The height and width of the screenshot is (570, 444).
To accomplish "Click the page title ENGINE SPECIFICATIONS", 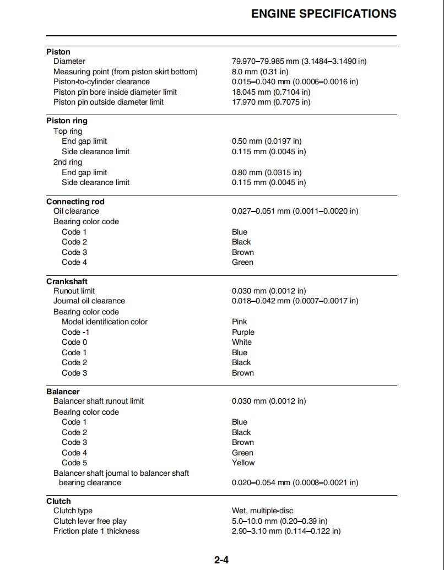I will [x=323, y=14].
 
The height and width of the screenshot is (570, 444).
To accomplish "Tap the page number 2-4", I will [x=221, y=560].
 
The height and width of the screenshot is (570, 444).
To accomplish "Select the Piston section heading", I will [x=58, y=52].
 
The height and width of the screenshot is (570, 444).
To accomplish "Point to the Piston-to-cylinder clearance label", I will [x=101, y=82].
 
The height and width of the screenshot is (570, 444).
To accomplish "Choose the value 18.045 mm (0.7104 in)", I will [x=271, y=92].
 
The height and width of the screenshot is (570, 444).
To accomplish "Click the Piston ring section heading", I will [x=67, y=121].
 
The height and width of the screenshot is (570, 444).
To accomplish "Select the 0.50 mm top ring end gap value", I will [x=267, y=142].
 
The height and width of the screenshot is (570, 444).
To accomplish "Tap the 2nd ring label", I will [x=68, y=162].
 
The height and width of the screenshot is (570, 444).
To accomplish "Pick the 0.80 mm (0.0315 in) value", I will [x=267, y=172].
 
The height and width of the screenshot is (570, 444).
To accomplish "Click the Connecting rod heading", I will [x=75, y=202].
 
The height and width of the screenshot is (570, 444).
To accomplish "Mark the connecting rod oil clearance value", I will [x=295, y=211].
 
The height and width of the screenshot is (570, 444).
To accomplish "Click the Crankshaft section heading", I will [x=67, y=281].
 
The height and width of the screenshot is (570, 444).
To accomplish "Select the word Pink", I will [x=240, y=322].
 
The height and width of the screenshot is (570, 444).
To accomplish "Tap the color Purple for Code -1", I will [x=243, y=332].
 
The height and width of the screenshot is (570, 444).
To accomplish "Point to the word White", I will [x=242, y=342].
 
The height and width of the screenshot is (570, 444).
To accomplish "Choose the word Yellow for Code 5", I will [x=243, y=463].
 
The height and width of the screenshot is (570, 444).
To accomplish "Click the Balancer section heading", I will [x=63, y=392].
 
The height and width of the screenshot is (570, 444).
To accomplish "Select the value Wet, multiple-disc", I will [x=263, y=511].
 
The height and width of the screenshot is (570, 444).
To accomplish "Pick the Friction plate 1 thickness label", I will [x=96, y=531].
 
